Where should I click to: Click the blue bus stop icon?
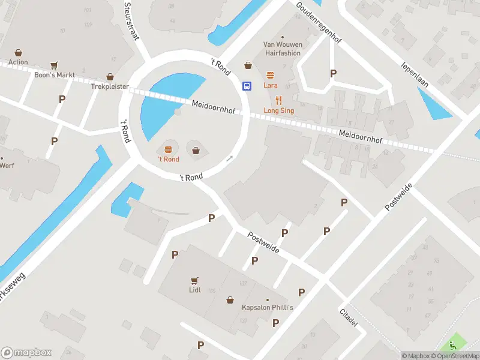click(x=246, y=86)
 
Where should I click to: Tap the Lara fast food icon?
click(x=270, y=76)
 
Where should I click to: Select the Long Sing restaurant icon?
click(x=278, y=100)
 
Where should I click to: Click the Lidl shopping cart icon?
click(x=194, y=280)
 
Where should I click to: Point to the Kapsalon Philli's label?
click(x=267, y=308)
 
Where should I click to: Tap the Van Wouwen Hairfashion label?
click(x=283, y=49)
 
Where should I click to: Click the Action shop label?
click(x=18, y=62)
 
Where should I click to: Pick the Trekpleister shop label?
click(x=110, y=86)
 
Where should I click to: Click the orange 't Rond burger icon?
click(x=168, y=149)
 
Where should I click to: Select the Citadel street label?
click(x=349, y=318)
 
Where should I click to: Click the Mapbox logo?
click(x=26, y=353)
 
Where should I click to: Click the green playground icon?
click(x=453, y=346)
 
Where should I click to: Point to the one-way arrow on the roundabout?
click(x=229, y=159)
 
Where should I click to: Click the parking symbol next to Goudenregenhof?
click(x=334, y=73)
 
